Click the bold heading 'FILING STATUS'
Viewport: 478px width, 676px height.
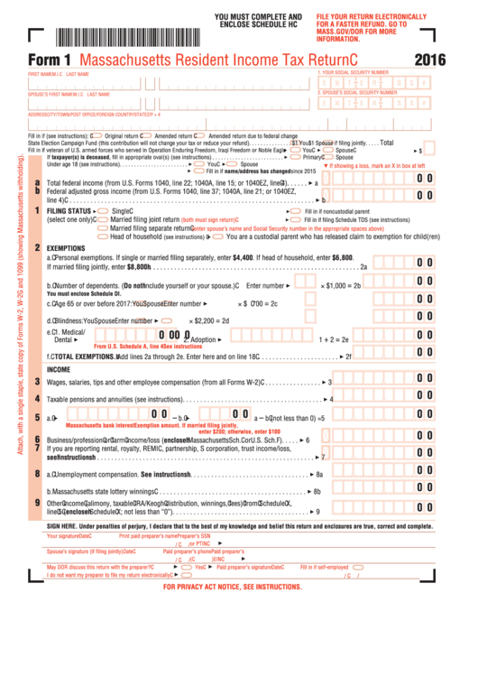[x=69, y=211]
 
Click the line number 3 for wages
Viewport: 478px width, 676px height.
[x=37, y=382]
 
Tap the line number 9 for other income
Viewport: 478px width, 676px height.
[x=37, y=503]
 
